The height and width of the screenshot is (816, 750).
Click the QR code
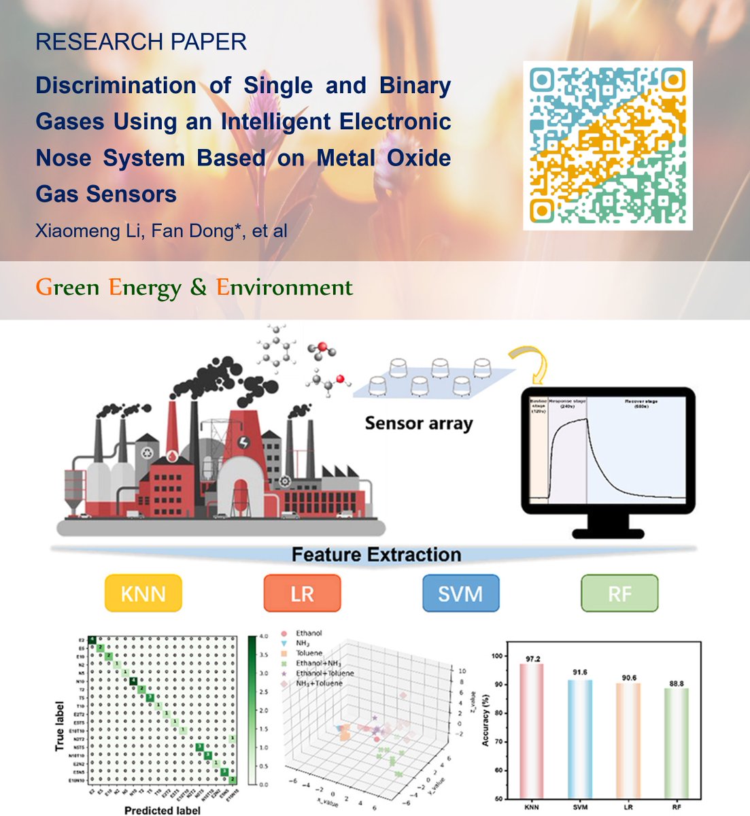pos(607,146)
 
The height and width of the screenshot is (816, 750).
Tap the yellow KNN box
pos(143,593)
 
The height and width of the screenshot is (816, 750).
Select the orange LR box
pos(302,593)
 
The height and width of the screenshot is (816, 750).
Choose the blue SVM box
pos(460,593)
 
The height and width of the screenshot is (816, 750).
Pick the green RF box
pos(619,593)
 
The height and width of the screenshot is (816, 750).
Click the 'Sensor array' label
pos(418,424)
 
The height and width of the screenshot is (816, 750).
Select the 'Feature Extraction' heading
pos(376,554)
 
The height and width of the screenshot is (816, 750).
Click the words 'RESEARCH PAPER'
pos(141,42)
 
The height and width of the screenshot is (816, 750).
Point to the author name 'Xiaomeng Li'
pos(73,231)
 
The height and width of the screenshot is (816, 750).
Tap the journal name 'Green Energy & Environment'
pos(194,288)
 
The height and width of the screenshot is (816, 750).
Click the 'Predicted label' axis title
pos(163,810)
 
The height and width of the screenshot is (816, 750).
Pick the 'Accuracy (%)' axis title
pos(485,721)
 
